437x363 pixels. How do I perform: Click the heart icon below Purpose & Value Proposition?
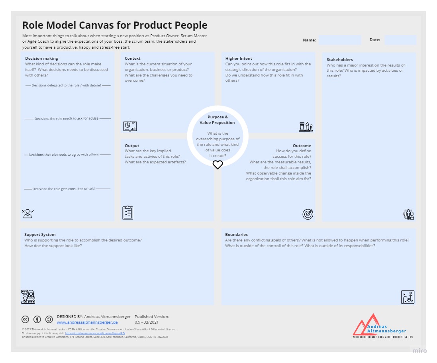point(218,165)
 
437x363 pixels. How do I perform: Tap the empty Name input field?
point(340,40)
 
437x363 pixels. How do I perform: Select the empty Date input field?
point(400,40)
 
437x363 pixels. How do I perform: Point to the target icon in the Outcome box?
point(308,214)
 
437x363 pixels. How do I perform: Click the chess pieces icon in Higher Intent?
point(306,127)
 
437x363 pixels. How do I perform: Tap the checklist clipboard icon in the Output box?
point(128,213)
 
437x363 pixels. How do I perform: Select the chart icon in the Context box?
point(130,126)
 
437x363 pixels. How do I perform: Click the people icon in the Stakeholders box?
point(409,214)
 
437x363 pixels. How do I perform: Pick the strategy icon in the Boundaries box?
point(408,297)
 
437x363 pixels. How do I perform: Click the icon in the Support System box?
point(28,297)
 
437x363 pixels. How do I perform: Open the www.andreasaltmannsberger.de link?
point(87,322)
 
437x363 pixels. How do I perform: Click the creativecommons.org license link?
point(95,333)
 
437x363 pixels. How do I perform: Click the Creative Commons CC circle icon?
point(25,319)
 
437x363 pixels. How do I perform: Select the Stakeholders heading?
point(339,60)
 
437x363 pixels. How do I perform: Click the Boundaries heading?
point(236,235)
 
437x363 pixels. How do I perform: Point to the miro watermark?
point(419,351)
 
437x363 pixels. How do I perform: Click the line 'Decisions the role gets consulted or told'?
point(64,189)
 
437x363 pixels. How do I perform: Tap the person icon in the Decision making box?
point(27,214)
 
